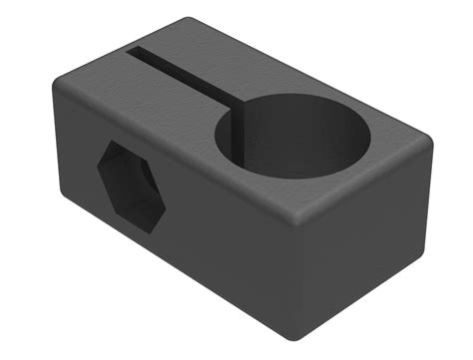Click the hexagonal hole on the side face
tap(131, 185)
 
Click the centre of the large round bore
tap(293, 135)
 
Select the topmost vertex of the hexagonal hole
tap(116, 143)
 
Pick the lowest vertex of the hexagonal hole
tap(147, 229)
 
